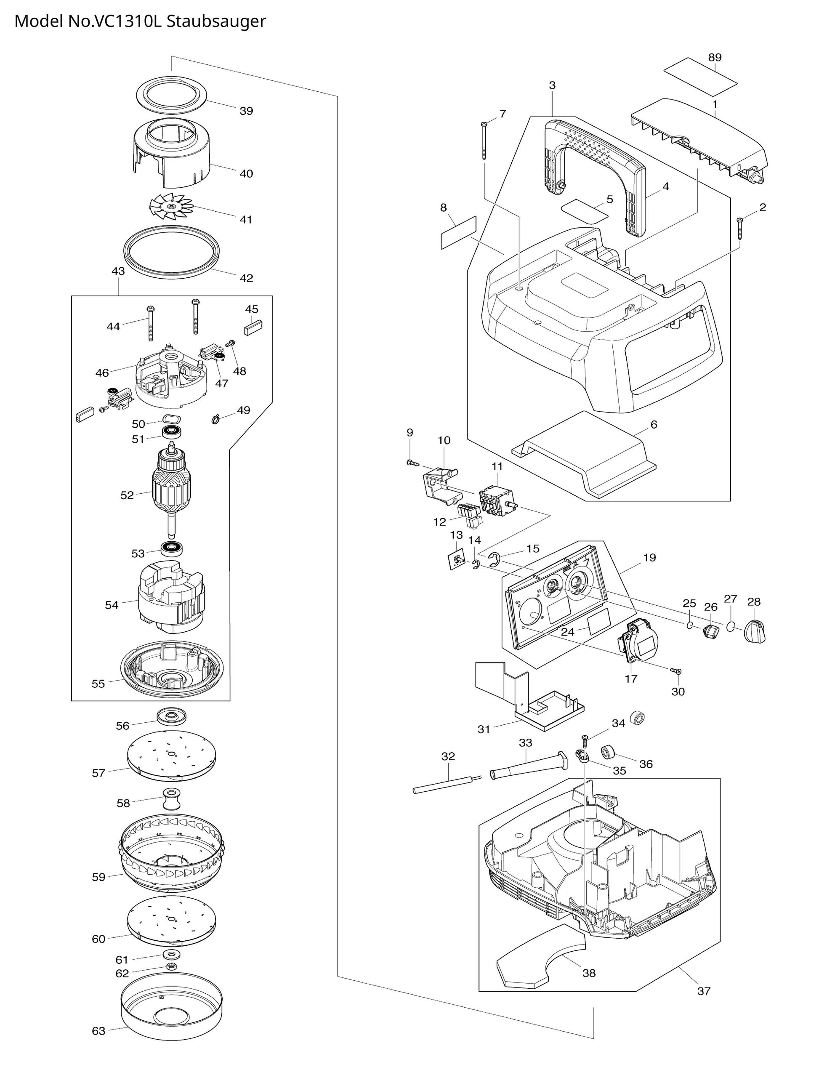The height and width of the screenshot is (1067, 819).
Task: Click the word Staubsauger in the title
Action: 216,22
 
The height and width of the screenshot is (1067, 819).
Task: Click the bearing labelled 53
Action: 171,548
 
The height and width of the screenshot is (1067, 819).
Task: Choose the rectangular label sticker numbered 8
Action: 458,233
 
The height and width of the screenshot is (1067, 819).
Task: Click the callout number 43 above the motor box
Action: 118,271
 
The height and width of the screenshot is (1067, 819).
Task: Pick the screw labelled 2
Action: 740,228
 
